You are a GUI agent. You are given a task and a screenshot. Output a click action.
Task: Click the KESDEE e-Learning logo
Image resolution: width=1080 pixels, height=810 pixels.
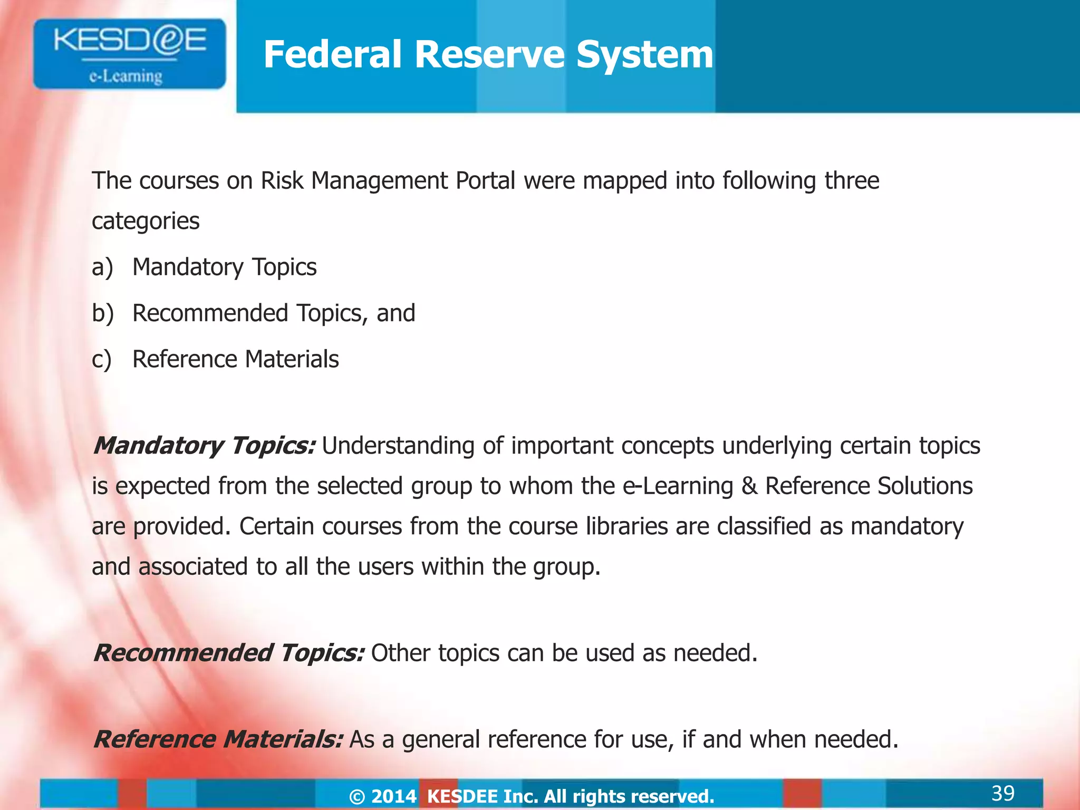click(129, 54)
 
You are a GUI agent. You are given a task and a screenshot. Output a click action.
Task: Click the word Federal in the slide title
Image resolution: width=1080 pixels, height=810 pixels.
click(332, 54)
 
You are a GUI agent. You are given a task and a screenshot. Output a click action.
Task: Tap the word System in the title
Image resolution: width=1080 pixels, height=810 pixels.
click(644, 54)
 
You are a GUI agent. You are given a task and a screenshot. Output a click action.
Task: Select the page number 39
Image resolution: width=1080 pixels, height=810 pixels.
click(1002, 793)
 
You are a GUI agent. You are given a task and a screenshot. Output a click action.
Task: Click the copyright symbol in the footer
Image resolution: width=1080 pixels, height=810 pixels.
click(357, 796)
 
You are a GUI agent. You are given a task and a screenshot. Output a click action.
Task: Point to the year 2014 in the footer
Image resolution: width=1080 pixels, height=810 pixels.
click(394, 796)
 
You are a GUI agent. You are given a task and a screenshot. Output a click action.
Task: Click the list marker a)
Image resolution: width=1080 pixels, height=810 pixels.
click(102, 267)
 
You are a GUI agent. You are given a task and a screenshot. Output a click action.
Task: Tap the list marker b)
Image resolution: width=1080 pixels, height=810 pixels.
click(102, 313)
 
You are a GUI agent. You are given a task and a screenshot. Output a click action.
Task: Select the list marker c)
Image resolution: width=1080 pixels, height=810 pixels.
click(101, 359)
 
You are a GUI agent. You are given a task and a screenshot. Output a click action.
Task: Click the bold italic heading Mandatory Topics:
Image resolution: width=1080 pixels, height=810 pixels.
click(205, 446)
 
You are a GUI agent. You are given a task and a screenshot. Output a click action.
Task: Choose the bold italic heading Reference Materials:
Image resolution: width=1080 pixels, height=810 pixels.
click(218, 739)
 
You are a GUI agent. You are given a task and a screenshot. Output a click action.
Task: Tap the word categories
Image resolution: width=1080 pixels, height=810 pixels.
click(146, 221)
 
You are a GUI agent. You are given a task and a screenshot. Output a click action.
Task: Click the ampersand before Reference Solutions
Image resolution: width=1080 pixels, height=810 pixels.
click(749, 486)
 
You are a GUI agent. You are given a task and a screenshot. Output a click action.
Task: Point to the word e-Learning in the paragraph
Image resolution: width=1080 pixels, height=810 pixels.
click(678, 486)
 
